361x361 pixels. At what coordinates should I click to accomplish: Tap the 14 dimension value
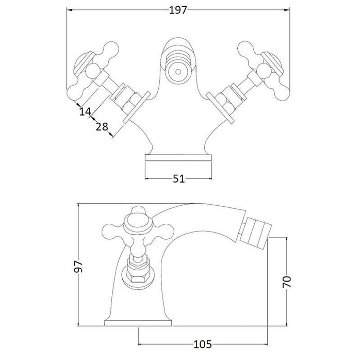(85, 110)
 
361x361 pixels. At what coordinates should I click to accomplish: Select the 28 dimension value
(101, 127)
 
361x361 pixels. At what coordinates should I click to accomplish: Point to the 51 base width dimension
(179, 178)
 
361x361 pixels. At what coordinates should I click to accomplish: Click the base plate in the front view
(179, 157)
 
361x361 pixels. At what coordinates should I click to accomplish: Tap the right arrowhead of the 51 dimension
(211, 178)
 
